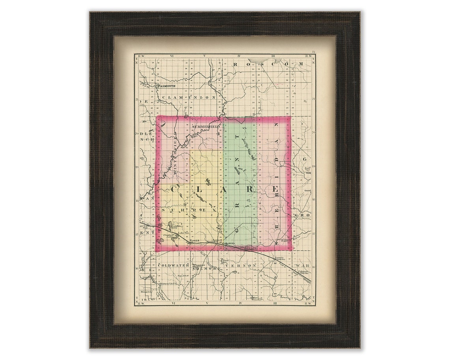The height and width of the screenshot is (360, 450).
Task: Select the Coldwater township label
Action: coord(174,265)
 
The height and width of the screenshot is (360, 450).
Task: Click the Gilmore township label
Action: coord(207,268)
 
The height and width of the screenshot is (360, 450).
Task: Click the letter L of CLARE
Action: coord(200,189)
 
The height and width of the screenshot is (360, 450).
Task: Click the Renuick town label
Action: coord(195,240)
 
